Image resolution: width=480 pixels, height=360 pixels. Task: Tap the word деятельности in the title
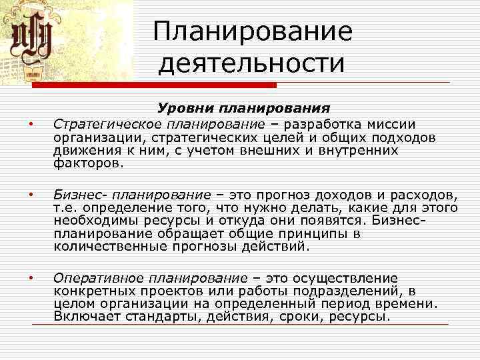coord(252,64)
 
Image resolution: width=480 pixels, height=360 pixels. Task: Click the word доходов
coord(357,195)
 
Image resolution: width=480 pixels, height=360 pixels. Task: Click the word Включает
coord(83,316)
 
